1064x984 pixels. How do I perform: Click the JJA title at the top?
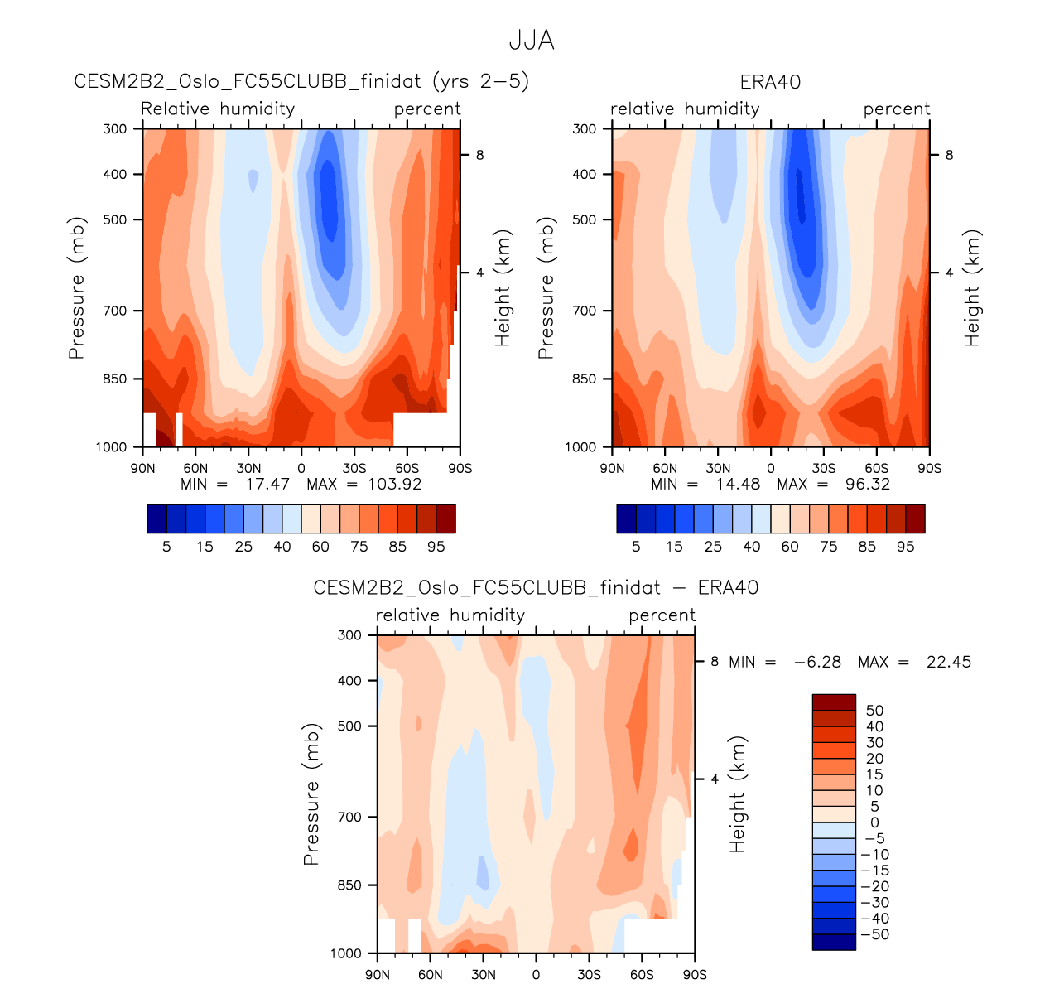(532, 41)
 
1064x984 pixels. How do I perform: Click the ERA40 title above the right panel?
(770, 82)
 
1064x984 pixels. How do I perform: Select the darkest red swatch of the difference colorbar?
(834, 702)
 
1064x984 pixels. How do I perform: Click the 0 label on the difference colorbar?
(875, 822)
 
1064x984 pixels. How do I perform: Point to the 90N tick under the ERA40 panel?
(612, 469)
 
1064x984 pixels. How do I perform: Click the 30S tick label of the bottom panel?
(589, 975)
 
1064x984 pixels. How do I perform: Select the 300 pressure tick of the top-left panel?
(115, 129)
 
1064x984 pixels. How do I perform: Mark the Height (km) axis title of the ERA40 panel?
(972, 287)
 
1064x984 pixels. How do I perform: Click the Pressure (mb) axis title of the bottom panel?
(311, 794)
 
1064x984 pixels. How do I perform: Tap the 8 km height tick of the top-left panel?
(479, 155)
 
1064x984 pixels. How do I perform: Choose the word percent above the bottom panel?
(662, 615)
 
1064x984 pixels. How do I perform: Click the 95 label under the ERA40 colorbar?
(906, 547)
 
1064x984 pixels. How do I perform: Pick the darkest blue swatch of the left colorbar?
(156, 519)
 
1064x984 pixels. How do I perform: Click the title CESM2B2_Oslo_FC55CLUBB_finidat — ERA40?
(536, 588)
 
